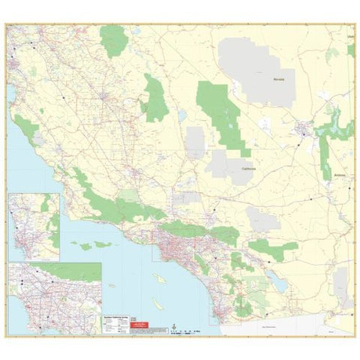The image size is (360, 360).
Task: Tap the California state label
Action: tap(249, 168)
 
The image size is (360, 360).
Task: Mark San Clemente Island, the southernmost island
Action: tap(158, 306)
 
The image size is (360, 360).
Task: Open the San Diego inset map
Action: tap(34, 226)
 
